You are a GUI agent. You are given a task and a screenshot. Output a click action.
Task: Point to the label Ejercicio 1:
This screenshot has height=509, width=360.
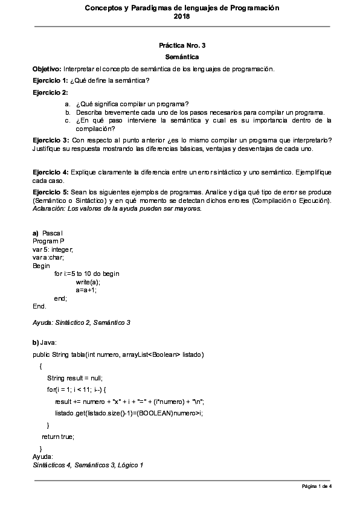click(x=50, y=80)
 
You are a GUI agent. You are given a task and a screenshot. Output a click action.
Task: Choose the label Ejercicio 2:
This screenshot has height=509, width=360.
click(x=50, y=92)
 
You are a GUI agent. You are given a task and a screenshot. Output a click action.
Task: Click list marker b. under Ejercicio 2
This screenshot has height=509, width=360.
click(x=68, y=112)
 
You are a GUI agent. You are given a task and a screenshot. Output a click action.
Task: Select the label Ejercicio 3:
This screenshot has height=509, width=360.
click(x=50, y=140)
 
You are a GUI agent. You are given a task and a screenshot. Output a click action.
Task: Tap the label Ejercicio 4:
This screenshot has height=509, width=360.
click(x=50, y=173)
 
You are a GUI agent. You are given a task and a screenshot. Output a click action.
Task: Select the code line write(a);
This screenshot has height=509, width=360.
click(x=88, y=281)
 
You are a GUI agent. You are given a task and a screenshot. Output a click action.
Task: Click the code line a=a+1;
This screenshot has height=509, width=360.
click(x=86, y=290)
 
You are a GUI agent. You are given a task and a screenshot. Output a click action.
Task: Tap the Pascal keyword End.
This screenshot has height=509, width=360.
click(x=39, y=306)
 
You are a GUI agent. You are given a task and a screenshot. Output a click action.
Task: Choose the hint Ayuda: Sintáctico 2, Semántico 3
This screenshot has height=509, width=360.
click(x=82, y=322)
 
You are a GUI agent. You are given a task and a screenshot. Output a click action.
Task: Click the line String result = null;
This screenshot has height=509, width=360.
click(x=74, y=377)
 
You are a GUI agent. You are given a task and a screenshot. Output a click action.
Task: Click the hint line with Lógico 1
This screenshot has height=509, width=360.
click(x=88, y=465)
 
